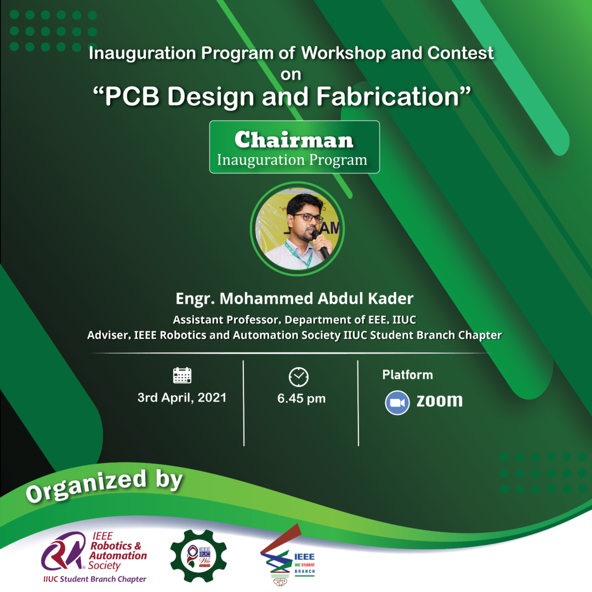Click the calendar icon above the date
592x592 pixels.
click(182, 375)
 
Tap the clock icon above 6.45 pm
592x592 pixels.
click(299, 377)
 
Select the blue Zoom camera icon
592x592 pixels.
click(397, 403)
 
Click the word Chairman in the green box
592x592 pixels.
click(294, 140)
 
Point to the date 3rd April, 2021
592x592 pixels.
click(181, 398)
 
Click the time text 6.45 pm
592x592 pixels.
click(301, 399)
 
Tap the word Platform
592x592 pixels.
click(407, 374)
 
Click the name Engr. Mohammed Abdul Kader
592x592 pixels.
click(294, 298)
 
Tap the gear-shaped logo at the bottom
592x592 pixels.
click(198, 556)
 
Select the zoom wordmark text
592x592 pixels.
click(440, 401)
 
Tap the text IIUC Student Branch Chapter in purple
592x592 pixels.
click(94, 579)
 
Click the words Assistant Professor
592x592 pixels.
click(226, 320)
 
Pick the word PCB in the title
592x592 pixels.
click(132, 96)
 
